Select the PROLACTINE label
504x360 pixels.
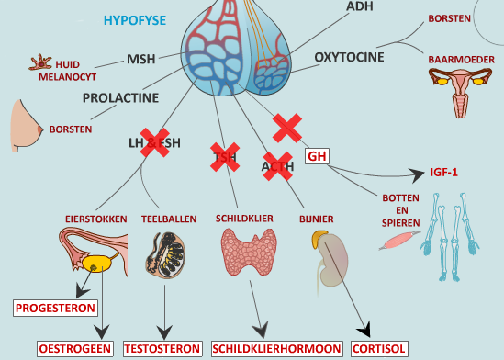coord(120,96)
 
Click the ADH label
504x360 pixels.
coord(360,6)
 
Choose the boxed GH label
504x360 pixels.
coord(317,156)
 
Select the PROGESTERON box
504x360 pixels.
coord(54,308)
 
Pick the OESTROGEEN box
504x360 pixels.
coord(74,348)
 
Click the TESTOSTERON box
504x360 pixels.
coord(162,348)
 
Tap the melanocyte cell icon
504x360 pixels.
coord(39,65)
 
